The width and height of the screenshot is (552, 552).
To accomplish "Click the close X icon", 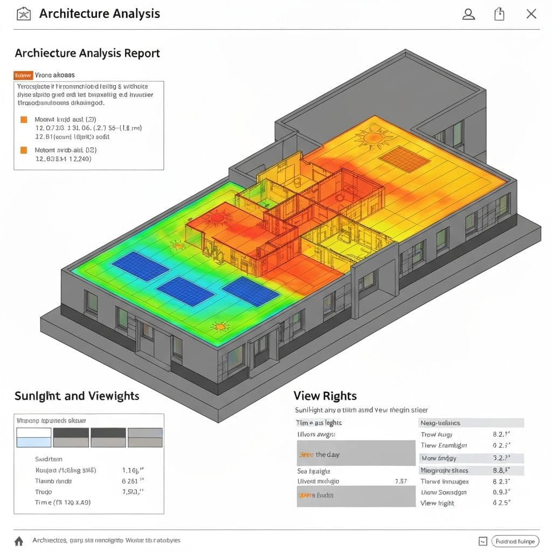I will [x=532, y=15].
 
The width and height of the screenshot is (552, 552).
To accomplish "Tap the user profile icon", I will [x=469, y=15].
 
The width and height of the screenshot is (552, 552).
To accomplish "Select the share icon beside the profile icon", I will [x=500, y=15].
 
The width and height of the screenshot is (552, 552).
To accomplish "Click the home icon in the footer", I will [x=19, y=541].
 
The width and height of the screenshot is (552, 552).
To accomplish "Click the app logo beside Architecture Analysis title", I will [x=24, y=14].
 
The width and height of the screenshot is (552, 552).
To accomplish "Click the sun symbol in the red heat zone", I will [x=217, y=218].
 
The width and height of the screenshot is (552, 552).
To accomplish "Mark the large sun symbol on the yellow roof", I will [x=373, y=139].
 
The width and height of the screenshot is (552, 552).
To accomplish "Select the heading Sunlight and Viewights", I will [x=77, y=396].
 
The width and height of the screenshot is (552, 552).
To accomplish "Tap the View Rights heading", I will [x=325, y=396].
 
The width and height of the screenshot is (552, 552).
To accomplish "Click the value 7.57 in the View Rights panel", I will [x=401, y=481].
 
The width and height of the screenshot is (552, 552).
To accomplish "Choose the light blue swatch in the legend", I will [x=34, y=442].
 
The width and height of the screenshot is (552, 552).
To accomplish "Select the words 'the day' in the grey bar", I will [x=328, y=454].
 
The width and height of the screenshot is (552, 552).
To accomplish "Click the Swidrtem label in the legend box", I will [x=49, y=459].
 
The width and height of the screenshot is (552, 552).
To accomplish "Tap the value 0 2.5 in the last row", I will [x=501, y=503].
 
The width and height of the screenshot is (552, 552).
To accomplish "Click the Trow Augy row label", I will [x=437, y=434].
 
